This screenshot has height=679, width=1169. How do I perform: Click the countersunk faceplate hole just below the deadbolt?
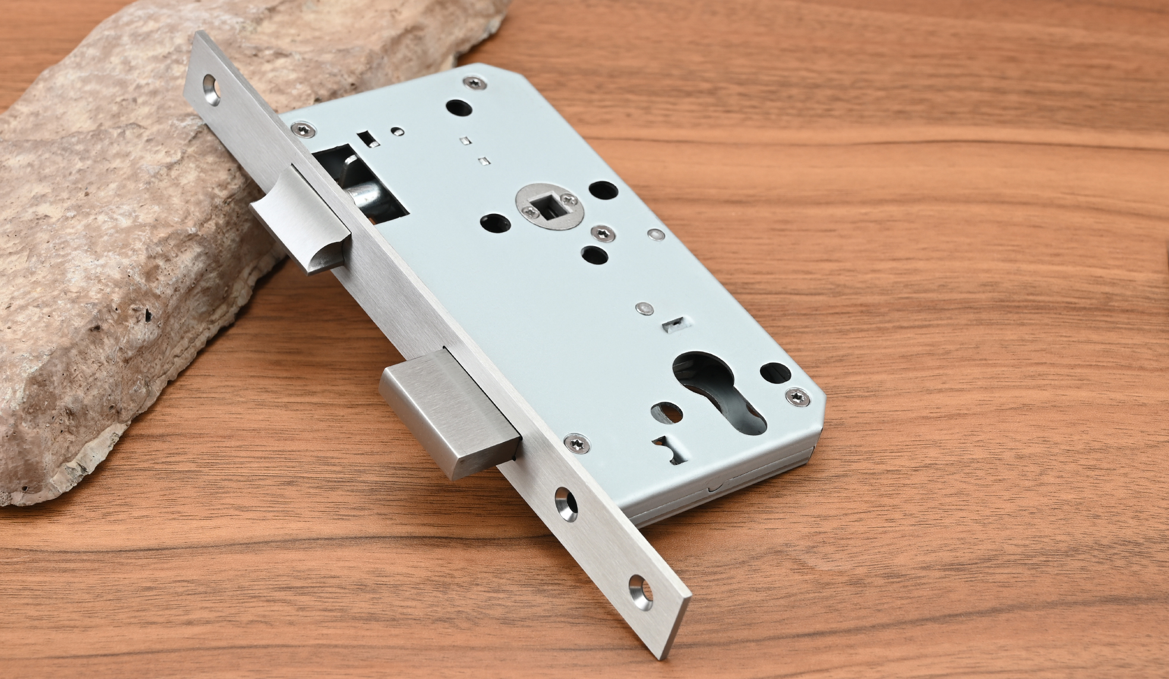coord(565,502)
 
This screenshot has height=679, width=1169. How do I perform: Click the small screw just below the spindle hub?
coord(600,233)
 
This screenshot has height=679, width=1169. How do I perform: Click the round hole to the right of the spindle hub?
coord(603,193)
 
